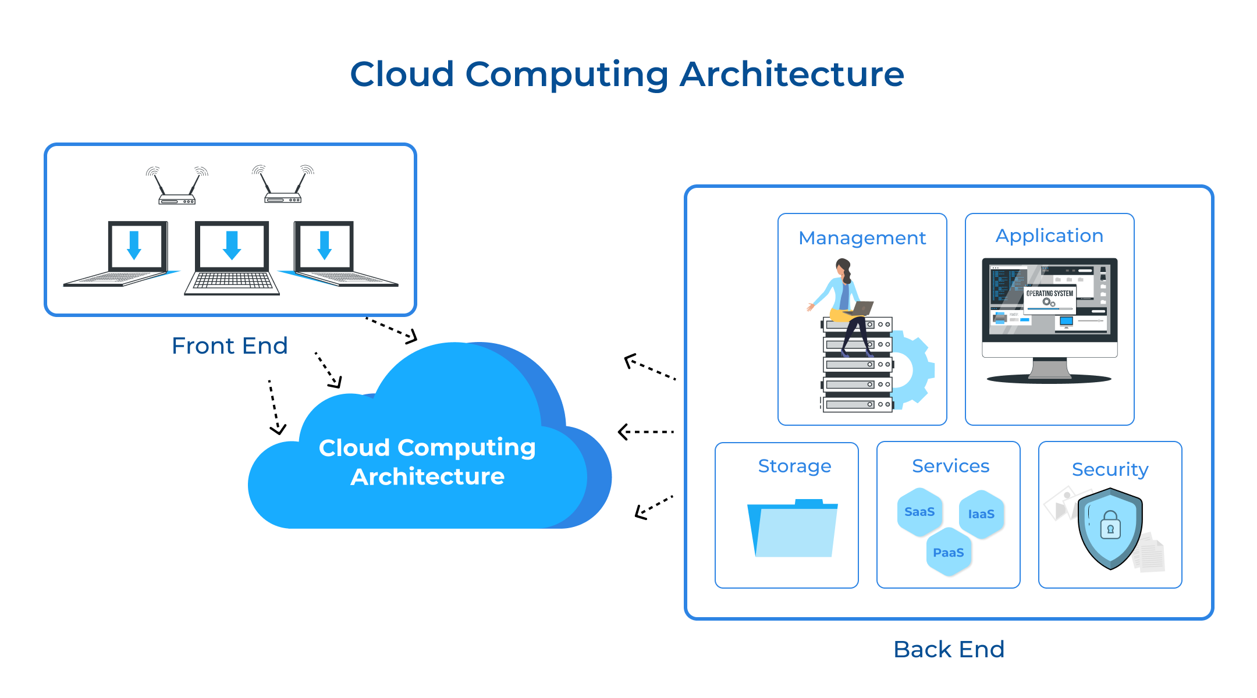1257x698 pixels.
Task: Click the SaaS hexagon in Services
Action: [x=919, y=512]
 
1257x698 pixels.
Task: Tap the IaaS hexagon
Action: [x=981, y=514]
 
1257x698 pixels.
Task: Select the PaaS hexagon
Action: [x=949, y=553]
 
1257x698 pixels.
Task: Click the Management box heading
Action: [x=862, y=238]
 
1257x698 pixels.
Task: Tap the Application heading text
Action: [x=1049, y=236]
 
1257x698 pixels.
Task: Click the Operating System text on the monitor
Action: [x=1049, y=294]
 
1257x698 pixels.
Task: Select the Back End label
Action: [x=949, y=649]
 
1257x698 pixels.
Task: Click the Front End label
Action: [x=229, y=346]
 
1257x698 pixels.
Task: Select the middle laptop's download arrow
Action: [x=232, y=245]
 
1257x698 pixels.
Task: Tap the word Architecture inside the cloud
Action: [x=427, y=477]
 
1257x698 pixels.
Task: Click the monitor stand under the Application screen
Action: [x=1049, y=369]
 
